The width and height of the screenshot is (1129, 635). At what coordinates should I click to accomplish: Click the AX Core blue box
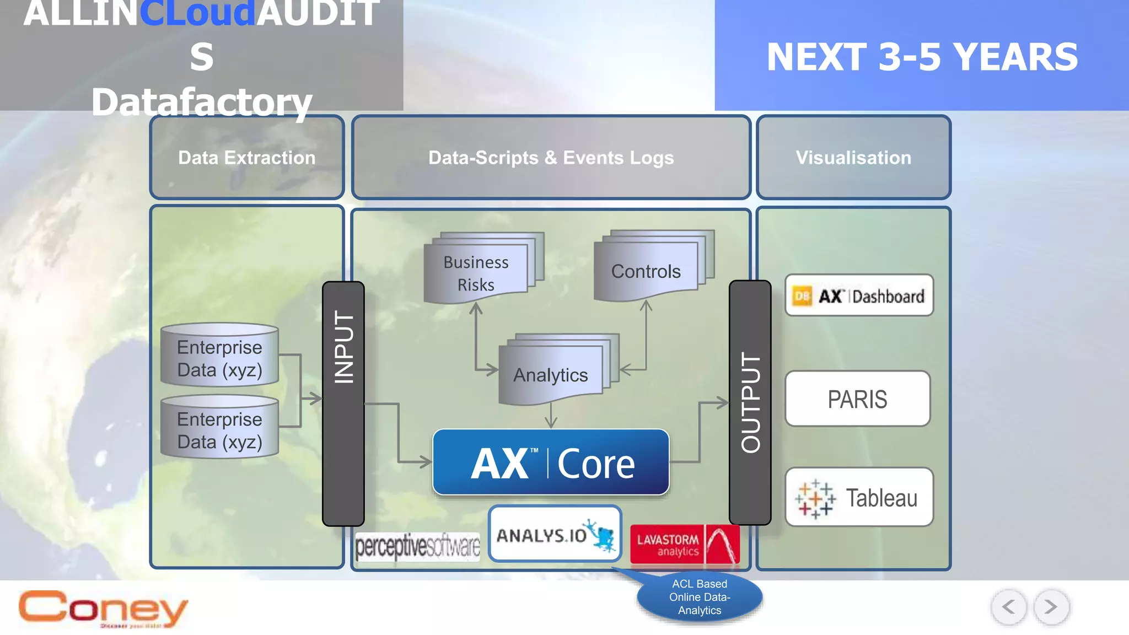tap(551, 462)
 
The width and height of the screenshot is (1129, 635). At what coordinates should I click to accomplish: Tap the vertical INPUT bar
tap(343, 403)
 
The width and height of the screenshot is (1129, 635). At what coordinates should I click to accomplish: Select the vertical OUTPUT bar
tap(750, 402)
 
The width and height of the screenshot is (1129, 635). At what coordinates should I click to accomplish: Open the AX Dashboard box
tap(859, 295)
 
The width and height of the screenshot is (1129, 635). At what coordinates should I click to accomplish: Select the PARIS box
tap(857, 399)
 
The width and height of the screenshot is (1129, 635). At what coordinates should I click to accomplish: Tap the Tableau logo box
tap(859, 497)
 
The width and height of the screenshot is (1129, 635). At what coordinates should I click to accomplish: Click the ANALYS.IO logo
tap(555, 534)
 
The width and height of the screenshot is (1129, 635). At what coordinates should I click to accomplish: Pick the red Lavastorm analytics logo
tap(685, 545)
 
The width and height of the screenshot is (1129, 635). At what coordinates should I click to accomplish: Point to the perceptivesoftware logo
tap(417, 547)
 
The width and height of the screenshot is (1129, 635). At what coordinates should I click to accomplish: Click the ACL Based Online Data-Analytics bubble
tap(700, 597)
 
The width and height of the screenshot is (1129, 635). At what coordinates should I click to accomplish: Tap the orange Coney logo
tap(103, 609)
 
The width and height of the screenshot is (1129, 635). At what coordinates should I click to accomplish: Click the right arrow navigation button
tap(1051, 607)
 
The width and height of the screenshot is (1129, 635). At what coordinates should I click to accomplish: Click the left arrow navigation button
tap(1009, 607)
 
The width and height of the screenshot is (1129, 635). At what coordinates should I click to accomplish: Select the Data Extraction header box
tap(247, 158)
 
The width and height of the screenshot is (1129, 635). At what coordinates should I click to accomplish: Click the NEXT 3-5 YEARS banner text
tap(922, 57)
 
